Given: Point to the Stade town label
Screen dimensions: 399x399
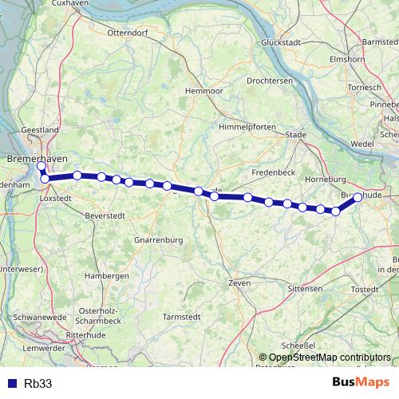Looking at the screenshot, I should point(295,135).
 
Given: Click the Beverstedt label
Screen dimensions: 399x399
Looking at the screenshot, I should point(106,215).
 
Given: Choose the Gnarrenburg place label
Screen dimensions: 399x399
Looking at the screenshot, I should point(159,239).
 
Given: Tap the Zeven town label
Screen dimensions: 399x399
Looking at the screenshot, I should point(239,282).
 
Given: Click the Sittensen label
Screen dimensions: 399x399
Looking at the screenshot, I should point(305,287).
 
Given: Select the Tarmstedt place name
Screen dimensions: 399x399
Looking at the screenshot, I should point(181,316).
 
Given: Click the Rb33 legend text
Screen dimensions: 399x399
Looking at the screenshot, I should point(38,383).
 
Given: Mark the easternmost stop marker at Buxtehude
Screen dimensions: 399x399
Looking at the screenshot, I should point(358,196).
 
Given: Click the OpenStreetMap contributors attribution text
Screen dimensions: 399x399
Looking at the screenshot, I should point(330,357).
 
